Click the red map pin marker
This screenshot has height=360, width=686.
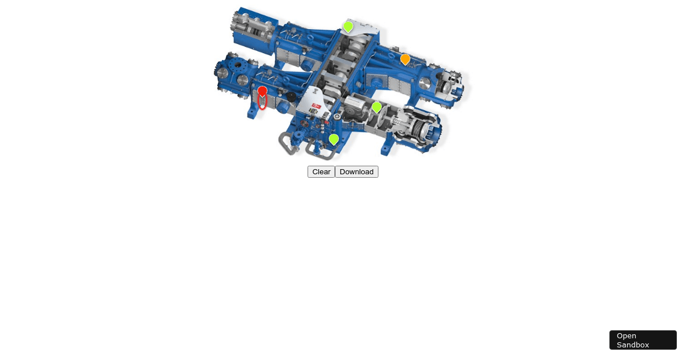[262, 91]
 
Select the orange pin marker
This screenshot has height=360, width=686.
[405, 59]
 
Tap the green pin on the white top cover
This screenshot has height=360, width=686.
[348, 27]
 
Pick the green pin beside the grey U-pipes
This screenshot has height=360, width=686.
[334, 139]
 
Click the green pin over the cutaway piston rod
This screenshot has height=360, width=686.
[376, 107]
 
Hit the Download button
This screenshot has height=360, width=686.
[357, 172]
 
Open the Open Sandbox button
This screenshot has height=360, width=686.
[643, 340]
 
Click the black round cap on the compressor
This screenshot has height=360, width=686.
[291, 97]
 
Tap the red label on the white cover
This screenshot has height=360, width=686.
[316, 106]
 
